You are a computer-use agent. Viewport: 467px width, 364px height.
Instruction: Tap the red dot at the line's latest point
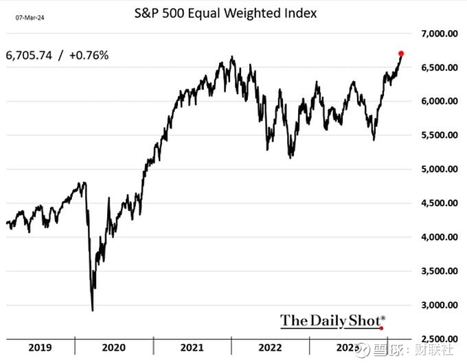point(401,53)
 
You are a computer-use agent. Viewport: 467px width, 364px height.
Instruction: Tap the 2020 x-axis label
point(115,348)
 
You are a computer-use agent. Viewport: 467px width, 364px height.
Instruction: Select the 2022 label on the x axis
point(271,348)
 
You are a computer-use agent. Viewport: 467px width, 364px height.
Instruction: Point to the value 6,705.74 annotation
point(30,56)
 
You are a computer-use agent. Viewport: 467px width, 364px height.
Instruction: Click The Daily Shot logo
point(332,320)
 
